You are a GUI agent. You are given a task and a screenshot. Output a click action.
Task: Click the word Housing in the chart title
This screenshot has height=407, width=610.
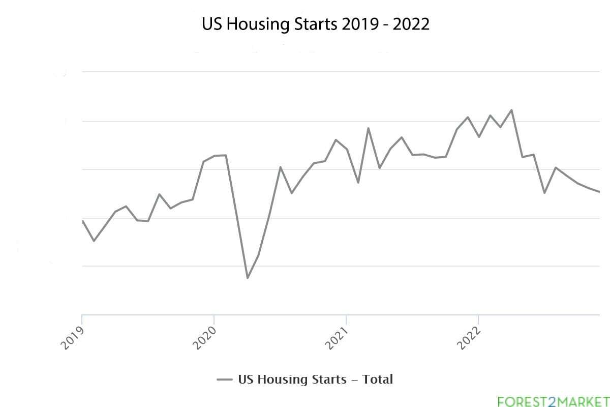pyautogui.click(x=250, y=24)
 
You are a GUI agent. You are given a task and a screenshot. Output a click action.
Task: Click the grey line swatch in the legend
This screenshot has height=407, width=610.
pyautogui.click(x=224, y=380)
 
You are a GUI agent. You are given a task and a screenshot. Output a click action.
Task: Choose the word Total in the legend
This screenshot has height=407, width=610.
pyautogui.click(x=378, y=379)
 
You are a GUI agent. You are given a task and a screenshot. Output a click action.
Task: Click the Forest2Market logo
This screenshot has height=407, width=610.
pyautogui.click(x=553, y=401)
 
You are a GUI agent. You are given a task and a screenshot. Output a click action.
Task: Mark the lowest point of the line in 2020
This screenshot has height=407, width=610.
pyautogui.click(x=248, y=278)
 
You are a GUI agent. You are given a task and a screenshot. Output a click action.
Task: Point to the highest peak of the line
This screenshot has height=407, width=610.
pyautogui.click(x=511, y=110)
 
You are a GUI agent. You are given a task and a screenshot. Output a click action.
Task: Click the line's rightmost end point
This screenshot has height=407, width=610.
pyautogui.click(x=600, y=192)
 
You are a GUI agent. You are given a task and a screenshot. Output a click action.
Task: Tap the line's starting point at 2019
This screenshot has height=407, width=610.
pyautogui.click(x=82, y=220)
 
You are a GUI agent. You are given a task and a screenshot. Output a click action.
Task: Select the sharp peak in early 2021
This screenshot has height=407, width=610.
pyautogui.click(x=368, y=128)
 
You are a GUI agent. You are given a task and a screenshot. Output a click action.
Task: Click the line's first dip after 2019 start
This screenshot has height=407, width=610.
pyautogui.click(x=94, y=241)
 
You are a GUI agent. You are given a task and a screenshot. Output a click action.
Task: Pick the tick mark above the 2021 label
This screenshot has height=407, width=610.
pyautogui.click(x=346, y=319)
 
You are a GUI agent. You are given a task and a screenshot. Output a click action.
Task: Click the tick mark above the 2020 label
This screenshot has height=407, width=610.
pyautogui.click(x=214, y=319)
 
